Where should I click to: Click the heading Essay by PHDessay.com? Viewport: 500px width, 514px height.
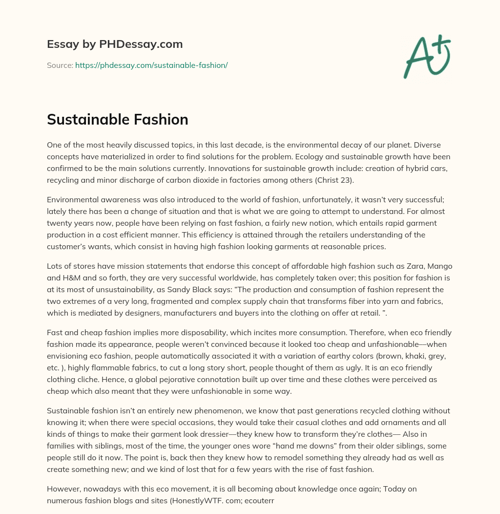coord(115,44)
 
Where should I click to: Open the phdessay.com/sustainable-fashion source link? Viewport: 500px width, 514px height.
coord(151,65)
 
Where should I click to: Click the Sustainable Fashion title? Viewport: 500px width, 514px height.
coord(118,120)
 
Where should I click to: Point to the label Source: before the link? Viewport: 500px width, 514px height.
coord(60,65)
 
